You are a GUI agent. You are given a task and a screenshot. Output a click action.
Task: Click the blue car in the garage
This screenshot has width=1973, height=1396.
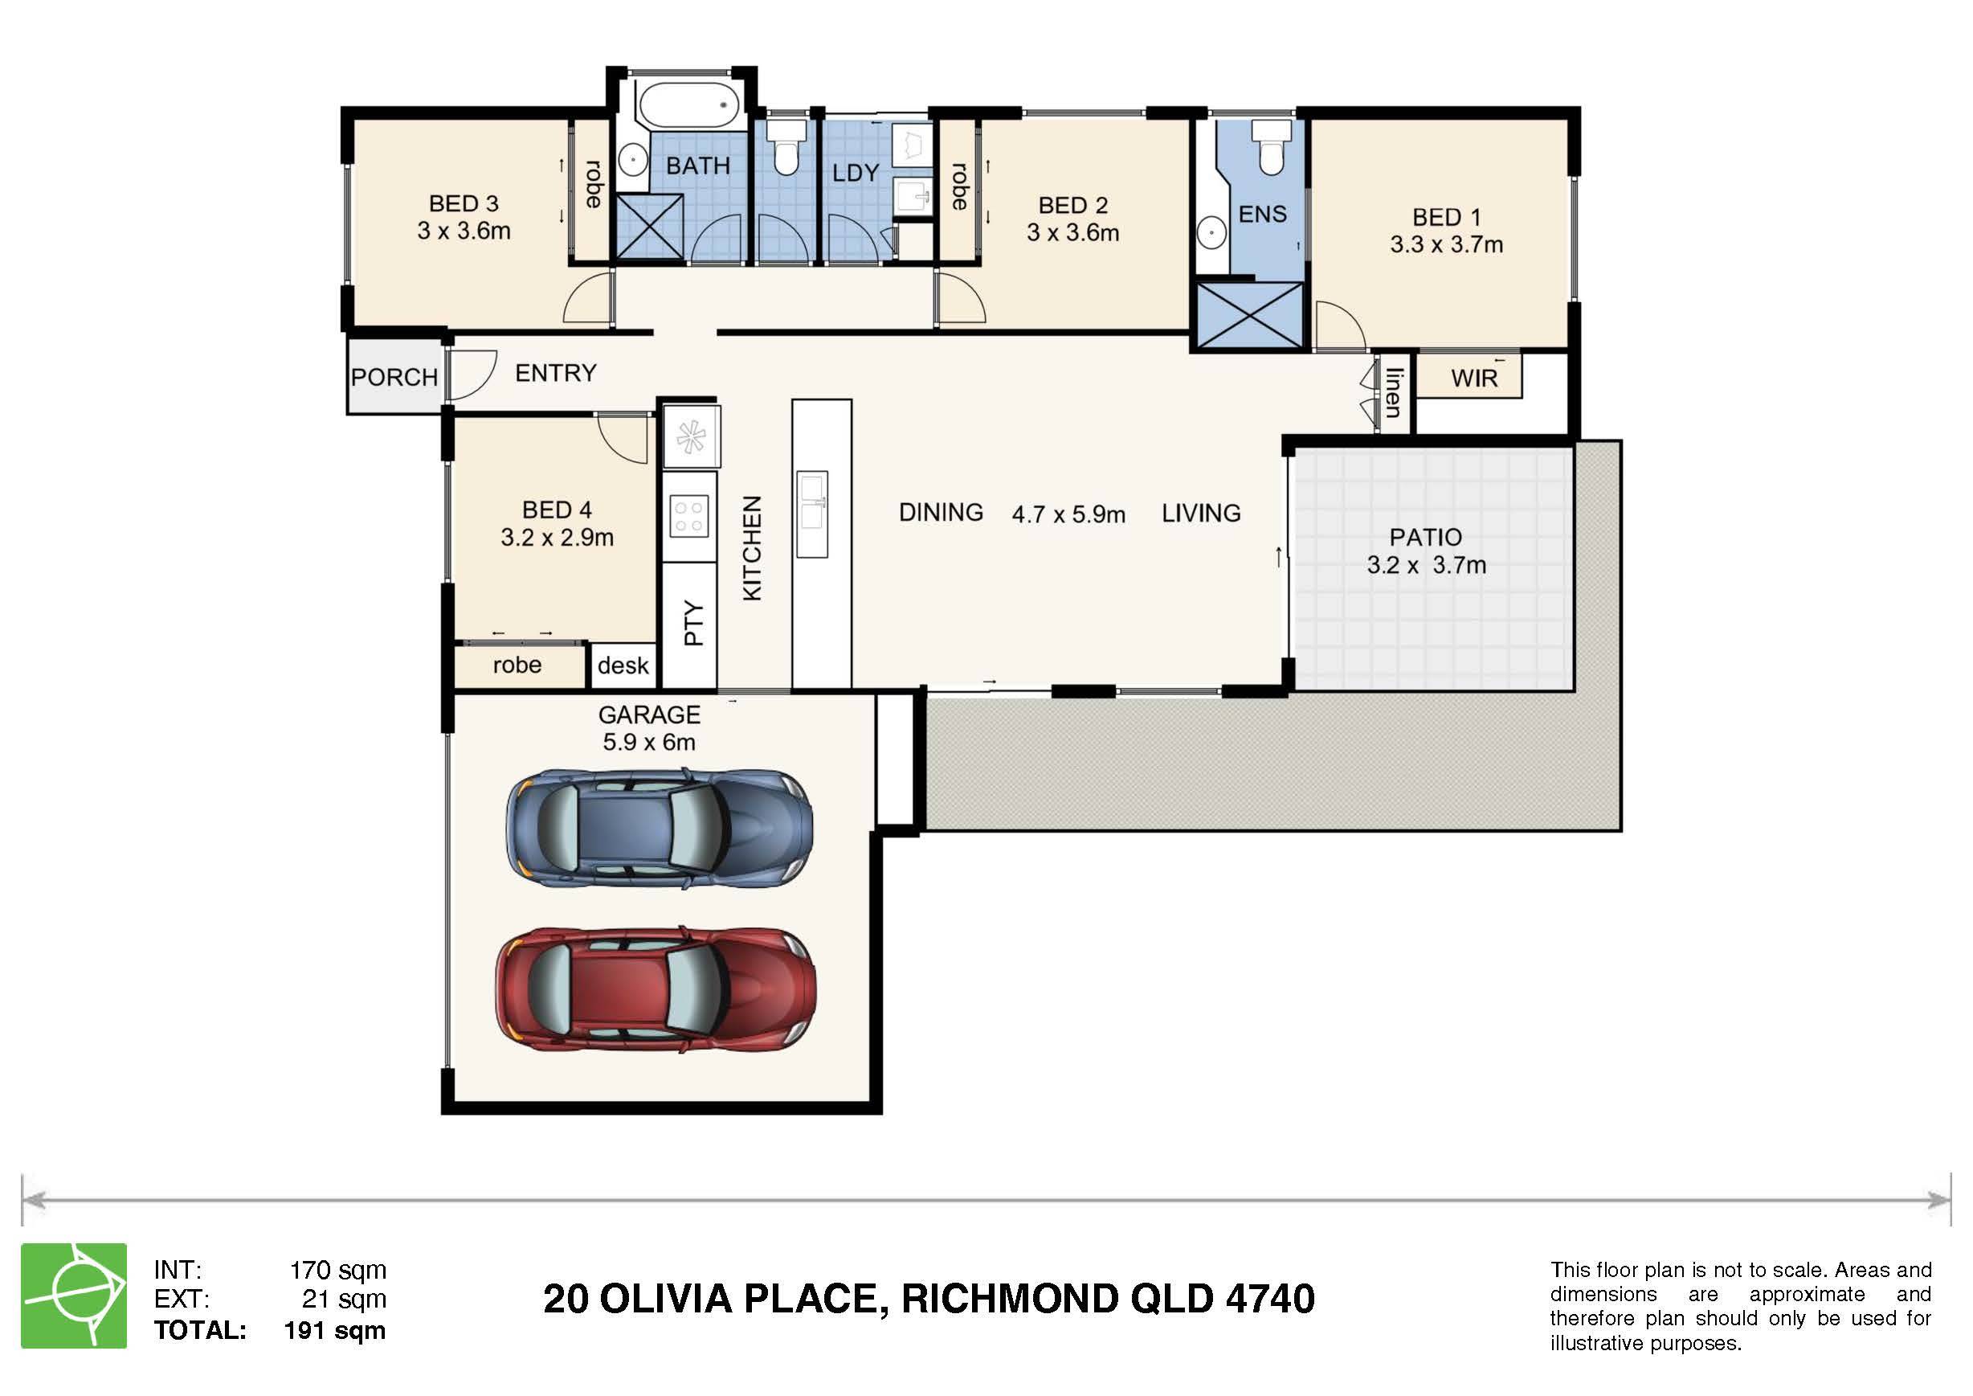click(659, 829)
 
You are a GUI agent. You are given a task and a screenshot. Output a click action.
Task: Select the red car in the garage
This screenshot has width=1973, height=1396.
click(656, 990)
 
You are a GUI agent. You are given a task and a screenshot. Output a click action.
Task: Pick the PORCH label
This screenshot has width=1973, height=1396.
click(394, 378)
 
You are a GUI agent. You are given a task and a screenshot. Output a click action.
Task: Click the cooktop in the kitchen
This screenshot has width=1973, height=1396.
click(689, 516)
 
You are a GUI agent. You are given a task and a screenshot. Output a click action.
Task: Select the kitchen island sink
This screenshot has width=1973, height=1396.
click(812, 514)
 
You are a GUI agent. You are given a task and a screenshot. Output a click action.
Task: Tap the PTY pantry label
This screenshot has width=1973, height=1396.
click(693, 623)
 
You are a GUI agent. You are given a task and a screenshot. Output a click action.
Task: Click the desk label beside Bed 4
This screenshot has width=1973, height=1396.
click(623, 666)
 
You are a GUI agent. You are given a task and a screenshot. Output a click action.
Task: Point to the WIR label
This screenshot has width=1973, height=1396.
click(1475, 379)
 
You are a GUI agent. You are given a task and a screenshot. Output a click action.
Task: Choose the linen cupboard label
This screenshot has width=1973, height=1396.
click(1394, 393)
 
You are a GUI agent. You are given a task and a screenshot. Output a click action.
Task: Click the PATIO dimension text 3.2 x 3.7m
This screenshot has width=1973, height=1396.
click(1427, 566)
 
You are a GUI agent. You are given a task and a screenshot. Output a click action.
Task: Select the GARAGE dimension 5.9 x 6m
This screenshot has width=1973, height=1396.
click(649, 742)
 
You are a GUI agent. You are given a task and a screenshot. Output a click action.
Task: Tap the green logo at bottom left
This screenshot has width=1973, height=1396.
click(74, 1296)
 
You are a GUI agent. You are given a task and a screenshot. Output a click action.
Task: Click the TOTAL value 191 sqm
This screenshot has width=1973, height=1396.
click(335, 1331)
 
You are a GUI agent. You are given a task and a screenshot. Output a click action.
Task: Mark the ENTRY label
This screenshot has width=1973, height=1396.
click(556, 373)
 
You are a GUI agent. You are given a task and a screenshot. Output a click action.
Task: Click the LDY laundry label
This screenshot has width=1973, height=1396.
click(856, 173)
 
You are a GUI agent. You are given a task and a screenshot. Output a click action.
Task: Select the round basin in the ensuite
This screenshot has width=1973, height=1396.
click(1211, 233)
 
